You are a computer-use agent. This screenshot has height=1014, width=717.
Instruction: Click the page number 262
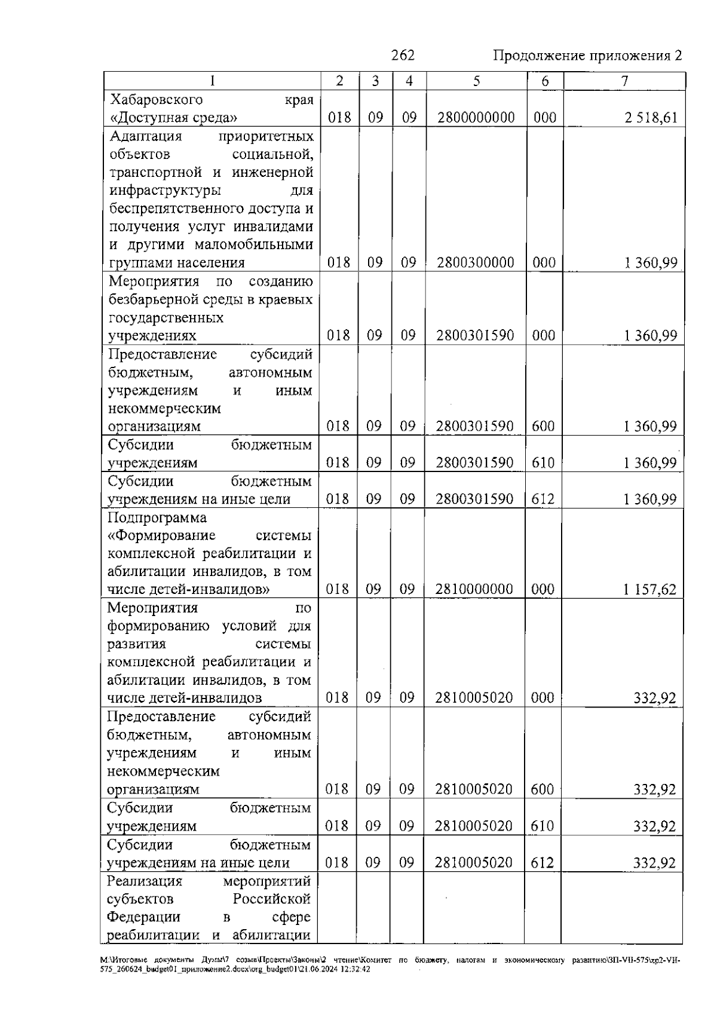click(403, 56)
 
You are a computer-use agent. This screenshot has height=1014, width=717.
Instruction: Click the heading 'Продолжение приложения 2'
click(587, 56)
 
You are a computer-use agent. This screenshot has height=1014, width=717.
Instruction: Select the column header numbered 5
click(476, 81)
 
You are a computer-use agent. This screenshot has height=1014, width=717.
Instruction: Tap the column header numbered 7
click(624, 81)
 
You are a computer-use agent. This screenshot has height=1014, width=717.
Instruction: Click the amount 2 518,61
click(651, 118)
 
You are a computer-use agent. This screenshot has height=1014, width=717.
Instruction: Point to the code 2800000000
click(476, 118)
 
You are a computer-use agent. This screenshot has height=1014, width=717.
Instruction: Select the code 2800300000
click(476, 263)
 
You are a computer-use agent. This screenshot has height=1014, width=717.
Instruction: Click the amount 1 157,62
click(649, 590)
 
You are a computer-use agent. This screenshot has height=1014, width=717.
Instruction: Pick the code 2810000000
click(474, 590)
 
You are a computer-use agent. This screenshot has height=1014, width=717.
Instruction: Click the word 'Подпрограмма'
click(157, 517)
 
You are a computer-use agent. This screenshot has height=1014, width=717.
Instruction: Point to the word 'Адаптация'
click(146, 136)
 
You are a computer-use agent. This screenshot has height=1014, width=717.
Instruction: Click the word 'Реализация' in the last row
click(145, 881)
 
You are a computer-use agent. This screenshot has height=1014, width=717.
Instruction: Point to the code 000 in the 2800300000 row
click(544, 263)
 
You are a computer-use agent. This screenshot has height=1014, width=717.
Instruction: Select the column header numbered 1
click(212, 81)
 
